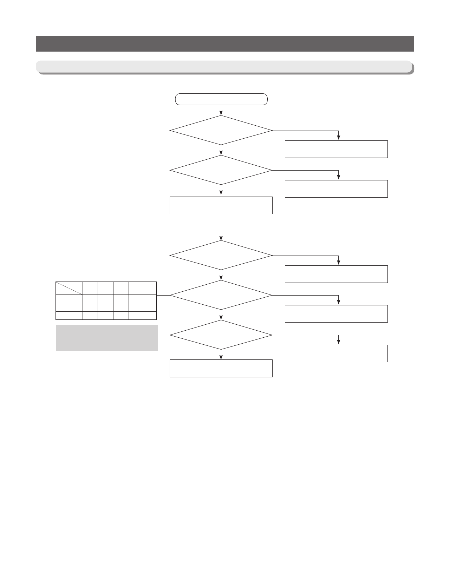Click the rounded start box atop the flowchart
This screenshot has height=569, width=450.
coord(221,99)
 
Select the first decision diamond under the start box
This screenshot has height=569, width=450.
coord(221,130)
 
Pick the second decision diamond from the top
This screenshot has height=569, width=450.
coord(221,170)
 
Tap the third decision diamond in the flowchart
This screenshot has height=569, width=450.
coord(221,255)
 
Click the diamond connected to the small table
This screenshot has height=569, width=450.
coord(221,295)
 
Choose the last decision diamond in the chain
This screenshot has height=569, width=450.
coord(221,335)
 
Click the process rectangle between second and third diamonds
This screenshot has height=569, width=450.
coord(221,205)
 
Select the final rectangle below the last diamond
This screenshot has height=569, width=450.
coord(221,368)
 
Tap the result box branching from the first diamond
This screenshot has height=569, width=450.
coord(336,149)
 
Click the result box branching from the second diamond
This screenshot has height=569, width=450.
coord(336,189)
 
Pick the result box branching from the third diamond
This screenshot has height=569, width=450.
coord(336,274)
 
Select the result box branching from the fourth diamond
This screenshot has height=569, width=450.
coord(336,314)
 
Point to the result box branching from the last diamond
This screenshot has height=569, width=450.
coord(336,353)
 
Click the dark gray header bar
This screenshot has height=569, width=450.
coord(225,44)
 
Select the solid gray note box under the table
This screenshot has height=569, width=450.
coord(106,338)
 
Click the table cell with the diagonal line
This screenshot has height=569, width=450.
coord(69,288)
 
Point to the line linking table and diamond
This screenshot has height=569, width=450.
coord(163,295)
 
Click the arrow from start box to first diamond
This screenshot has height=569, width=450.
coord(221,110)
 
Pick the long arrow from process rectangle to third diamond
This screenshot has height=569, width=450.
coord(221,227)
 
